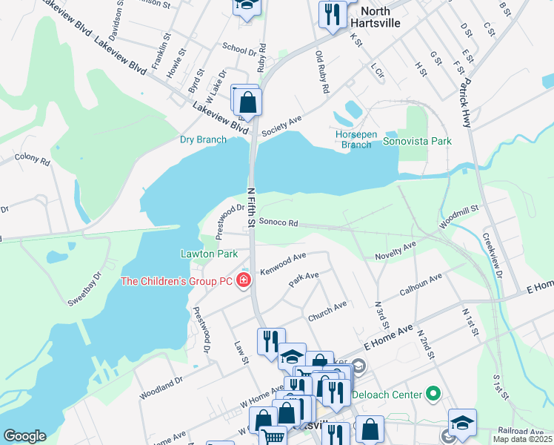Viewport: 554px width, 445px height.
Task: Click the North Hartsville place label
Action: tap(380, 17)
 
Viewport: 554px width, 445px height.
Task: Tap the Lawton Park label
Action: tap(209, 254)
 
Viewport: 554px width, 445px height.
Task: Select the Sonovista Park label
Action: tap(417, 140)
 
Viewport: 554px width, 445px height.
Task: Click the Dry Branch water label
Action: tap(203, 139)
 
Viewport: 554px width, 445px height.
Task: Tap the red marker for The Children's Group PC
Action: tap(243, 280)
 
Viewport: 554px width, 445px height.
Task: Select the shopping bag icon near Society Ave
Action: tap(249, 102)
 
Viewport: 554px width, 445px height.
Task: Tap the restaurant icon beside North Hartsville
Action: tap(332, 14)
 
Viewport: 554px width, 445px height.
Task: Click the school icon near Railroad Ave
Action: tap(463, 421)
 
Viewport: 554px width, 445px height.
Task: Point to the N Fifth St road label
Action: tap(250, 211)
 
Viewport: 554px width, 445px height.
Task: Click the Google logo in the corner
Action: tap(24, 435)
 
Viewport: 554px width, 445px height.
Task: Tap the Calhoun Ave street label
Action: tap(421, 285)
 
